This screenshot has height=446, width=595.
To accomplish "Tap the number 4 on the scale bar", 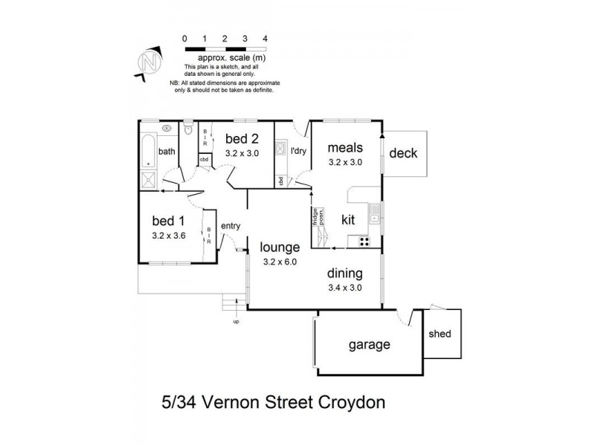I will pyautogui.click(x=265, y=37).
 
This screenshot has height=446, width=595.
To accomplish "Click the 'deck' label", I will pyautogui.click(x=404, y=154).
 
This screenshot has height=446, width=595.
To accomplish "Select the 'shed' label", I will pyautogui.click(x=440, y=334).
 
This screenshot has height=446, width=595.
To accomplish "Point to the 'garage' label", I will pyautogui.click(x=370, y=345).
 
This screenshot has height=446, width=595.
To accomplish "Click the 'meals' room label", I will pyautogui.click(x=344, y=147).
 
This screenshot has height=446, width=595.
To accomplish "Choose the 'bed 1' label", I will pyautogui.click(x=167, y=221).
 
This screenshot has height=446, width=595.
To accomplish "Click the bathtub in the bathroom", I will pyautogui.click(x=148, y=152).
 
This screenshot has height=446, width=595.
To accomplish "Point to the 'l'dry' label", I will pyautogui.click(x=298, y=151).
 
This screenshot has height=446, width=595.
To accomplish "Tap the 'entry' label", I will pyautogui.click(x=231, y=226).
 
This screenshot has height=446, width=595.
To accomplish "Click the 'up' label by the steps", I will pyautogui.click(x=237, y=322).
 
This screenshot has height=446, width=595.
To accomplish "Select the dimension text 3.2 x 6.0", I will pyautogui.click(x=280, y=262).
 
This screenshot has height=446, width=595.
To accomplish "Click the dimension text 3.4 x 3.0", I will pyautogui.click(x=344, y=288).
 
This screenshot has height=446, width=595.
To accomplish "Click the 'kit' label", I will pyautogui.click(x=348, y=220).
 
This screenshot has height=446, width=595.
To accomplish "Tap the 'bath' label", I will pyautogui.click(x=167, y=152).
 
